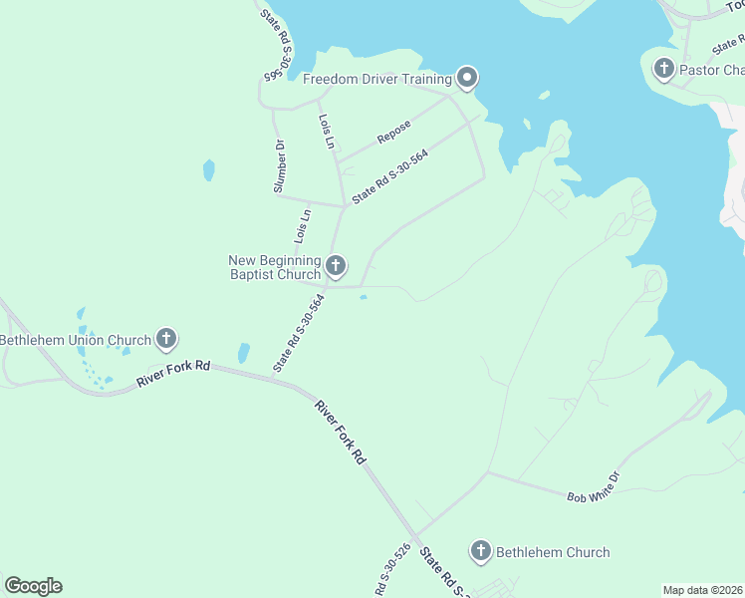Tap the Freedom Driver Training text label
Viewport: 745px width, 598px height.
[x=377, y=79]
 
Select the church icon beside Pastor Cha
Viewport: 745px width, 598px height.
[x=664, y=69]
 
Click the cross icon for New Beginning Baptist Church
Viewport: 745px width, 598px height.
[x=336, y=265]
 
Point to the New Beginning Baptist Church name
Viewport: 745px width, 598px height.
[x=275, y=267]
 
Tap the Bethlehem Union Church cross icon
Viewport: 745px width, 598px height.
[x=166, y=340]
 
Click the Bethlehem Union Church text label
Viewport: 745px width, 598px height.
[x=75, y=340]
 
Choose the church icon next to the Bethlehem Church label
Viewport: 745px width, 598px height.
[x=481, y=551]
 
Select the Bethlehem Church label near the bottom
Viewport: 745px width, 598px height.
[x=553, y=552]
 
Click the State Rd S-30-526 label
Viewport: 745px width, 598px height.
[x=392, y=570]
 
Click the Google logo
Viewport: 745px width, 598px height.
[x=33, y=586]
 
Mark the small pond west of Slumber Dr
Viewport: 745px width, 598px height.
[x=208, y=170]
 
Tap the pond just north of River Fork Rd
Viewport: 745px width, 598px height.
[x=243, y=353]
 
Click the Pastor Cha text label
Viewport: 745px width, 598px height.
[x=712, y=70]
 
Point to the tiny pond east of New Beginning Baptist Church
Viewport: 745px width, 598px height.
[x=363, y=296]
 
